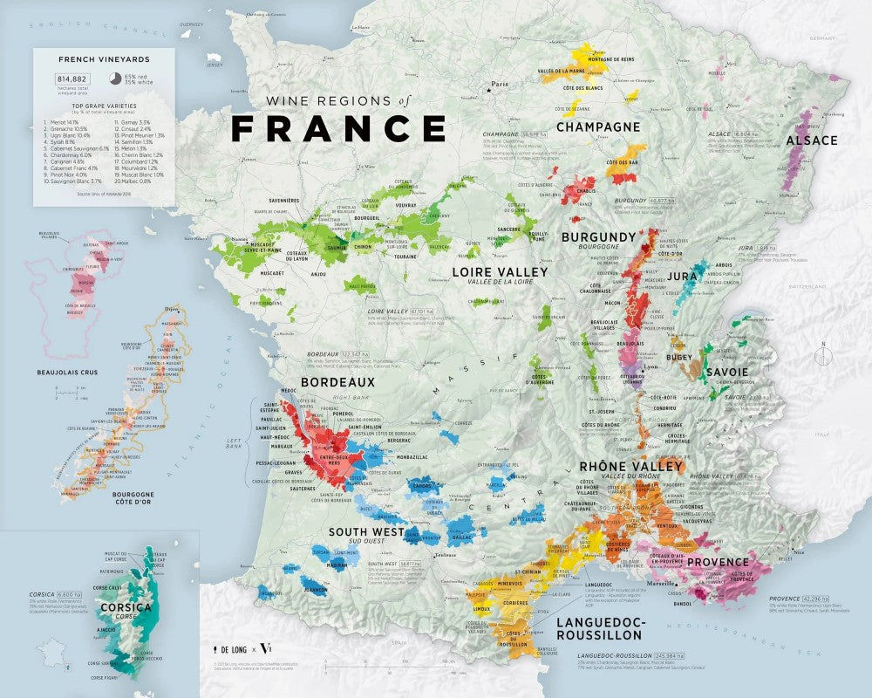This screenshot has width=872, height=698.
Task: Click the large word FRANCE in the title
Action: tap(338, 127)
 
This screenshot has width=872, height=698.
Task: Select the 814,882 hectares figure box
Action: tap(62, 79)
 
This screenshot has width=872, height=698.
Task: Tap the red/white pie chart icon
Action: tap(115, 79)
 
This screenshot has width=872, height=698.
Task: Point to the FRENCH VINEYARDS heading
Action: tap(104, 59)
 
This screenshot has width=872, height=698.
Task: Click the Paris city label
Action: tap(499, 85)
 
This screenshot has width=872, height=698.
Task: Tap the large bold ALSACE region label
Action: tap(811, 140)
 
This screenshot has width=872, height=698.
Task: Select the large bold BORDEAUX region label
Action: tap(337, 382)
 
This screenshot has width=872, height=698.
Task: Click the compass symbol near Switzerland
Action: tap(822, 355)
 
